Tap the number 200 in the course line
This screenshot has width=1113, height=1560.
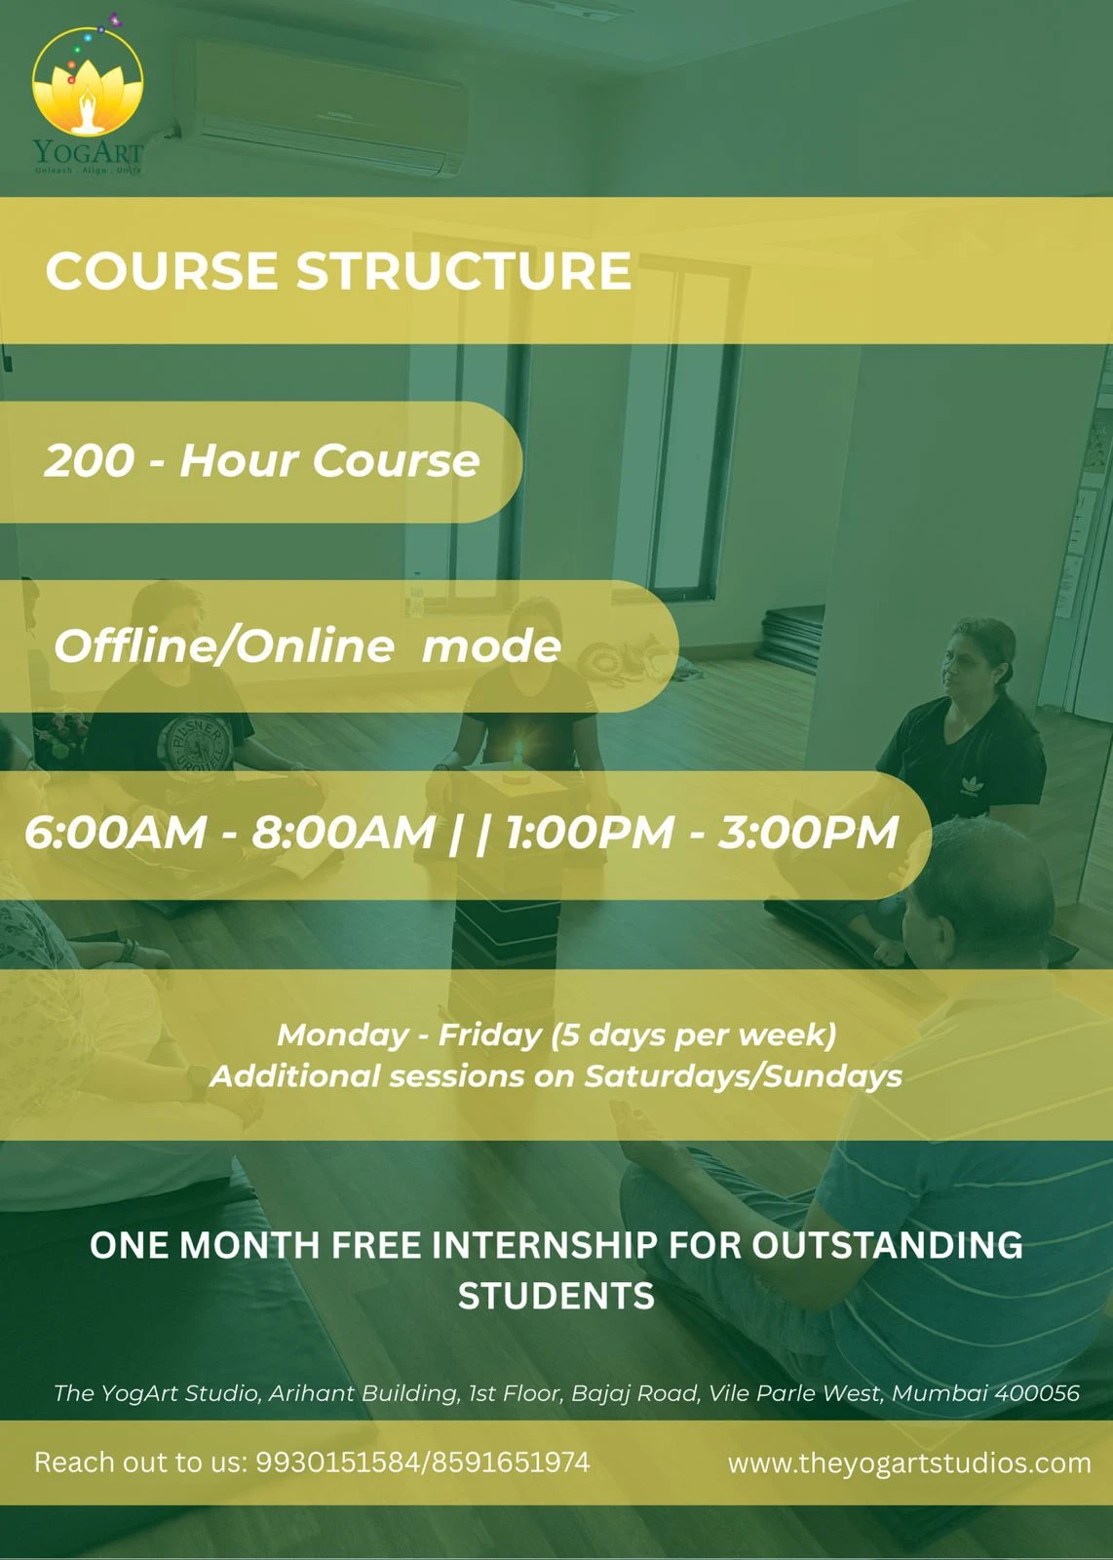pyautogui.click(x=89, y=461)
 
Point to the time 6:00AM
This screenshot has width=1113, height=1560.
pyautogui.click(x=116, y=833)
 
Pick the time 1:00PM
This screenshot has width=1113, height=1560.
pyautogui.click(x=590, y=833)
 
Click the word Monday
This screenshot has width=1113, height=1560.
pyautogui.click(x=342, y=1034)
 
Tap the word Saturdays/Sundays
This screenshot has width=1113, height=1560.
pyautogui.click(x=743, y=1076)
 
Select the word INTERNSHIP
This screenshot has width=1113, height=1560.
pyautogui.click(x=545, y=1245)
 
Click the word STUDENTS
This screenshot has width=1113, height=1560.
pyautogui.click(x=556, y=1296)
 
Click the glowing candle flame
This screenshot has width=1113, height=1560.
pyautogui.click(x=518, y=751)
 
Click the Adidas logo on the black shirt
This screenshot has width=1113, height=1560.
pyautogui.click(x=970, y=786)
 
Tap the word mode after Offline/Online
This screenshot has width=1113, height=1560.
pyautogui.click(x=491, y=645)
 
